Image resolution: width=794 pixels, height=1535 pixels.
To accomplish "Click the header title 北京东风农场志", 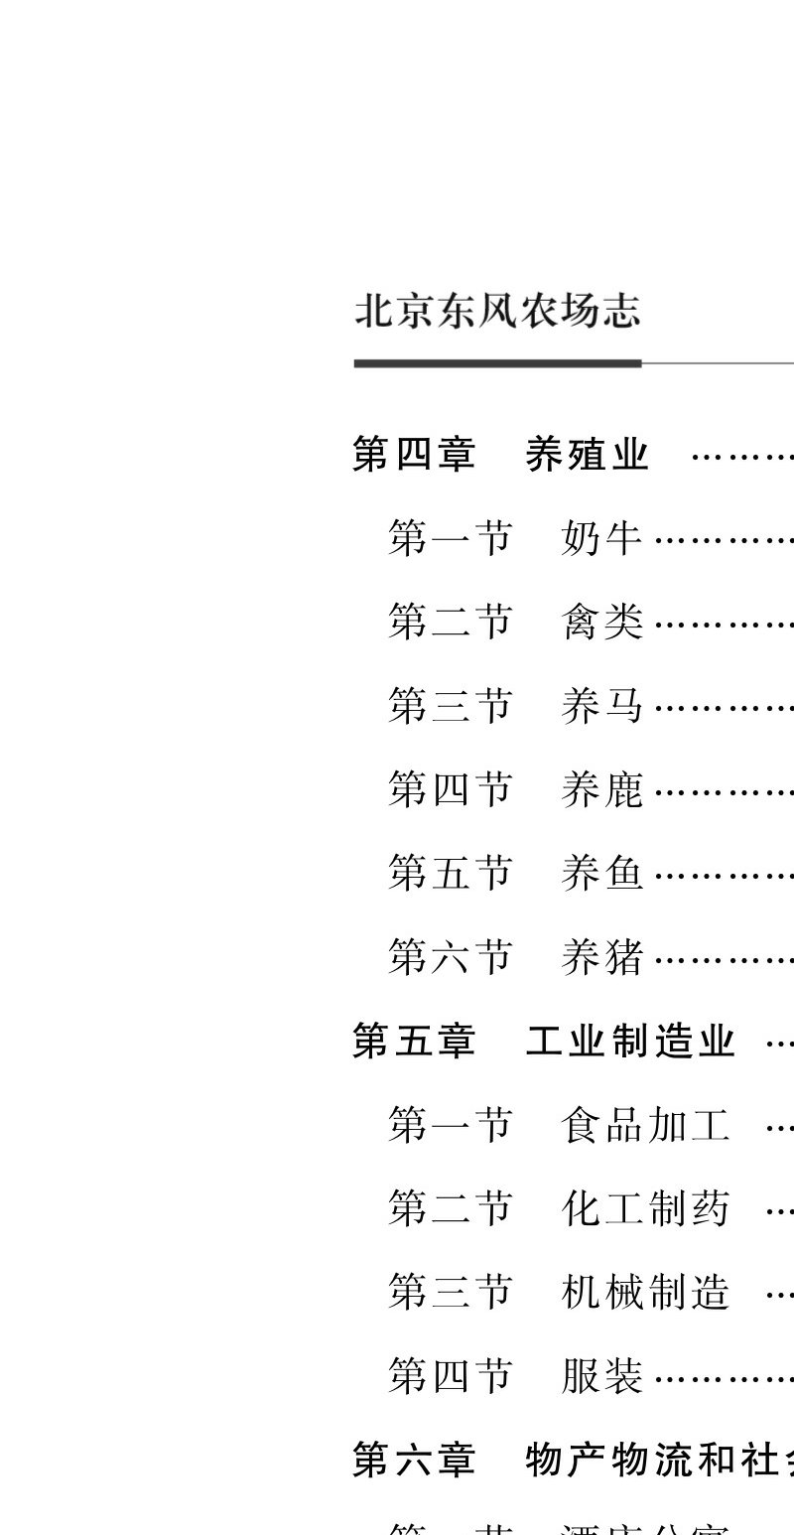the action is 497,311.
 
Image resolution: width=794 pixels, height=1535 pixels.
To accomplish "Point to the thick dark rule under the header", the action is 497,363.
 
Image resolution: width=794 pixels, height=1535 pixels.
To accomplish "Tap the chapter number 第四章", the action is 414,455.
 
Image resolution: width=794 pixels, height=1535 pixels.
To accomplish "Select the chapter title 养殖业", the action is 587,455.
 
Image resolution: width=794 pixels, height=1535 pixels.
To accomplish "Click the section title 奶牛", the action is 602,539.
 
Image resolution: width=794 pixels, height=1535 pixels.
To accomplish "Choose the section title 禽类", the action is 602,623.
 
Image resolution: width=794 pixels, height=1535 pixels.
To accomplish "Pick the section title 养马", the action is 602,707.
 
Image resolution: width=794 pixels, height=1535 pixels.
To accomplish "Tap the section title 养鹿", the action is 602,790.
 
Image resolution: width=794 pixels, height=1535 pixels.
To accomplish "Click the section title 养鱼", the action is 602,874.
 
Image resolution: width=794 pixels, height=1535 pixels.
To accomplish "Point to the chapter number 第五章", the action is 414,1042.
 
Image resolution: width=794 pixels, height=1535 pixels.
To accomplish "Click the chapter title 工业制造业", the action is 630,1042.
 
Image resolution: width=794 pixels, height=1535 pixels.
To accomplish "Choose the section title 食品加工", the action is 645,1126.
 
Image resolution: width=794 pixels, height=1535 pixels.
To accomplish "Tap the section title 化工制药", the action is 645,1209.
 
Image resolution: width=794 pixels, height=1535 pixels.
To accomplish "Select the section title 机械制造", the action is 645,1293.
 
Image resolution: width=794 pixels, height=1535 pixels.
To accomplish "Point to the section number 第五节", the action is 450,874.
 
